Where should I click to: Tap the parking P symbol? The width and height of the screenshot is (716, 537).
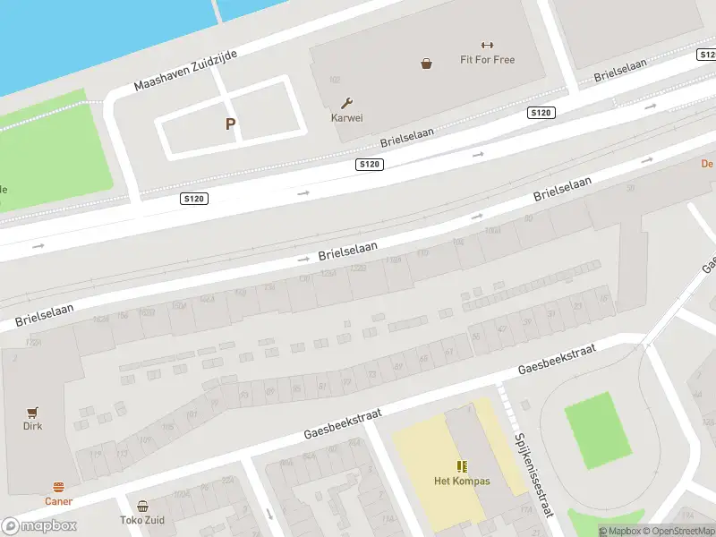[x=230, y=124]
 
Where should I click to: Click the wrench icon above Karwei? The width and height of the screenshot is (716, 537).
[x=346, y=103]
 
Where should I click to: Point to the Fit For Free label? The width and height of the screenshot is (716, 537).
[x=487, y=61]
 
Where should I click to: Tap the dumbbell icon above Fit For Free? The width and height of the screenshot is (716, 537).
[x=487, y=46]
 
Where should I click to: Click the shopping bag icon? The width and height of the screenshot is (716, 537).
[x=427, y=63]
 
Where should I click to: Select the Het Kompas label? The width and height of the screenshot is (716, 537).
[x=462, y=482]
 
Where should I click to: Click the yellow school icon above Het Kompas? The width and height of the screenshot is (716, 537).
[x=462, y=466]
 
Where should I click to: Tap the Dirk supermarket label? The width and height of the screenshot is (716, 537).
[x=33, y=426]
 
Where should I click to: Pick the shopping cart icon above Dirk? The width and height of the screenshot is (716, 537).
[x=33, y=412]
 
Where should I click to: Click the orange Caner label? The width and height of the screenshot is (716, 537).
[x=59, y=501]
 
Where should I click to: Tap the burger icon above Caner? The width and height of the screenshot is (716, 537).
[x=59, y=487]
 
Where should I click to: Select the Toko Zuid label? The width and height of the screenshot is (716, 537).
[x=142, y=519]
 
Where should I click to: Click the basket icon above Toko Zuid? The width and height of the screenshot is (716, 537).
[x=142, y=505]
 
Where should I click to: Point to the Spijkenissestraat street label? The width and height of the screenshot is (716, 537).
[x=533, y=473]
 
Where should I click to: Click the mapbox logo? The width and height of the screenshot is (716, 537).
[x=39, y=526]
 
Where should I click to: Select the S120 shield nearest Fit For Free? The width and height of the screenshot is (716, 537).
[x=541, y=113]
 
